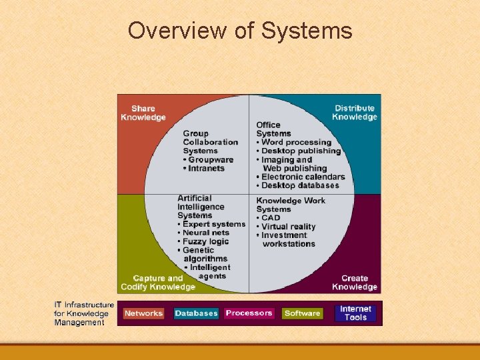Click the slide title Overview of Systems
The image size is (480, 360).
tap(240, 31)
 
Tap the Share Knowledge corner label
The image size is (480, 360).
tap(143, 113)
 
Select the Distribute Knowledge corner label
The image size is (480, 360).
tap(355, 113)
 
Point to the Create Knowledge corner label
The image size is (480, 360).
tap(355, 283)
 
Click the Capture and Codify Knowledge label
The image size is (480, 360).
tap(157, 283)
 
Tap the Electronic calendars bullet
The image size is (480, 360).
tap(303, 177)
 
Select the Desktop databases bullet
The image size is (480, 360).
tap(300, 185)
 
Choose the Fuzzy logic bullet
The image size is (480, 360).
tap(205, 241)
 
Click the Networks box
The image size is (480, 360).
tap(143, 313)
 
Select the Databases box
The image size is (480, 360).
tap(196, 313)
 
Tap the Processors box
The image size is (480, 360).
tap(249, 313)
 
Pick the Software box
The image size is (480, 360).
tap(302, 313)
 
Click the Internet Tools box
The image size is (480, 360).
tap(355, 313)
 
